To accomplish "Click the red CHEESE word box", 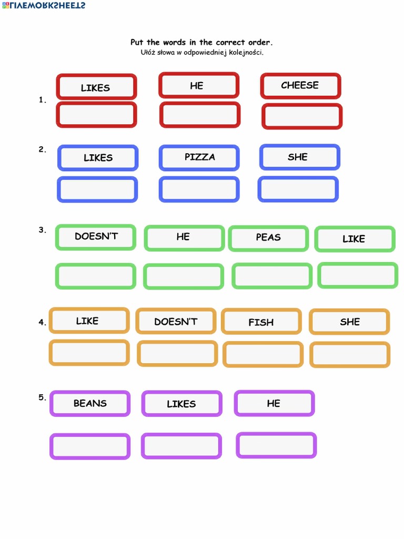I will (300, 86).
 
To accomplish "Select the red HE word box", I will (199, 86).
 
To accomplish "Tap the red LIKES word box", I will (96, 87).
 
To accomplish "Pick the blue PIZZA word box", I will (199, 158).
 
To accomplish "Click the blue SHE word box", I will (299, 157).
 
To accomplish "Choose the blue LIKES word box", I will (98, 158).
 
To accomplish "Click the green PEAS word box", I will (268, 238).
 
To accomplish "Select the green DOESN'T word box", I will (96, 237).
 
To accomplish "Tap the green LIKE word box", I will (355, 239).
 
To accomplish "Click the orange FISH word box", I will (261, 322).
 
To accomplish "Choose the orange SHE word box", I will (349, 322).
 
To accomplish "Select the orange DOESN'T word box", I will (176, 321).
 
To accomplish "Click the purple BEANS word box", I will (90, 404).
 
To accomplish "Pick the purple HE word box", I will (274, 404).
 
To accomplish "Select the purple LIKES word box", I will (181, 404).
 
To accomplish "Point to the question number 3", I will (42, 230).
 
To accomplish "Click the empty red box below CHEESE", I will (302, 116).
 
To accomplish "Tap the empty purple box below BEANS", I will (90, 446).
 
